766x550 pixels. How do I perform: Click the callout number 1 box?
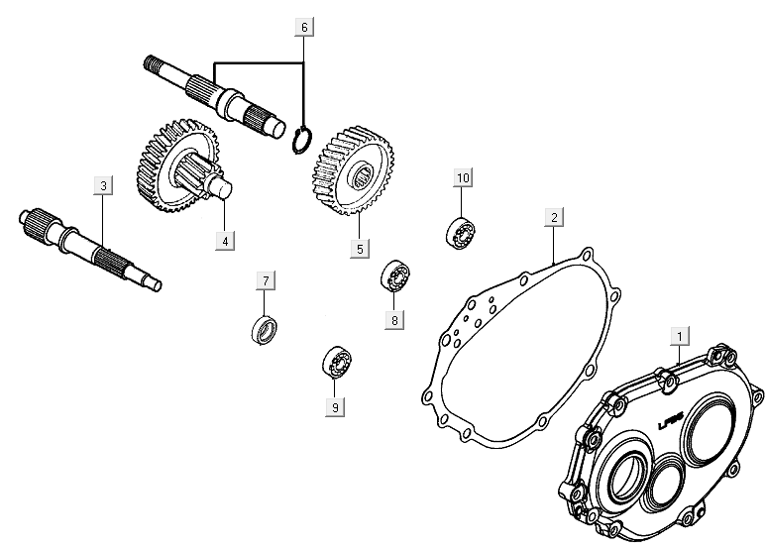coord(678,334)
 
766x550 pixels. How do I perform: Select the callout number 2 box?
coord(554,217)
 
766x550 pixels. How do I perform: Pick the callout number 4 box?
coord(225,240)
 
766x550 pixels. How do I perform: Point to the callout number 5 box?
coord(360,248)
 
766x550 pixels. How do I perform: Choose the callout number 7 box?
coord(266,280)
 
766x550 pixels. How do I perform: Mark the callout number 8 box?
coord(394,319)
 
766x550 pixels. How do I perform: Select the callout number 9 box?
coord(336,406)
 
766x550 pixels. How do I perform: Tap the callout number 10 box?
coord(463,177)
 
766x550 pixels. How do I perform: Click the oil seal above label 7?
coord(265,327)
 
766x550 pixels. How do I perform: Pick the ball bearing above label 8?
coord(396,275)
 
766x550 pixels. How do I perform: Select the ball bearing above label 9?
coord(334,363)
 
